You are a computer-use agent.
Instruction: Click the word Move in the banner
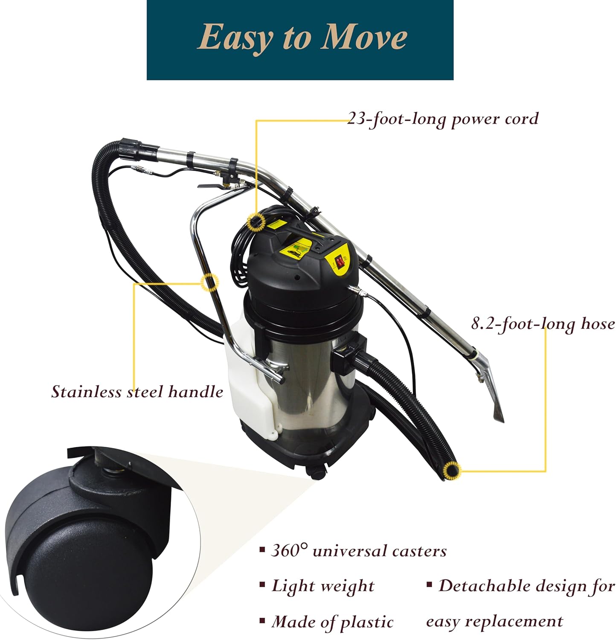pyautogui.click(x=364, y=38)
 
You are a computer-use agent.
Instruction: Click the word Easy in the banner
pyautogui.click(x=235, y=38)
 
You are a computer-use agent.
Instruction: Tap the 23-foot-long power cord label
pyautogui.click(x=442, y=119)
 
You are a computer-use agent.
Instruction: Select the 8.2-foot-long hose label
pyautogui.click(x=543, y=324)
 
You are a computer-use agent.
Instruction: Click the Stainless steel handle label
pyautogui.click(x=137, y=391)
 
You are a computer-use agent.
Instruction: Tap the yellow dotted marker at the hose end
pyautogui.click(x=451, y=470)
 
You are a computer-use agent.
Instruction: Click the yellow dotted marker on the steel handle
pyautogui.click(x=209, y=282)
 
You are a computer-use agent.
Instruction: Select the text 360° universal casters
pyautogui.click(x=358, y=551)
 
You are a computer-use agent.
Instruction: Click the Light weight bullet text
pyautogui.click(x=323, y=586)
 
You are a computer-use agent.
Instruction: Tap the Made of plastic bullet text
pyautogui.click(x=332, y=622)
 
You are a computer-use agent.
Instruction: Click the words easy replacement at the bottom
pyautogui.click(x=494, y=621)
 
